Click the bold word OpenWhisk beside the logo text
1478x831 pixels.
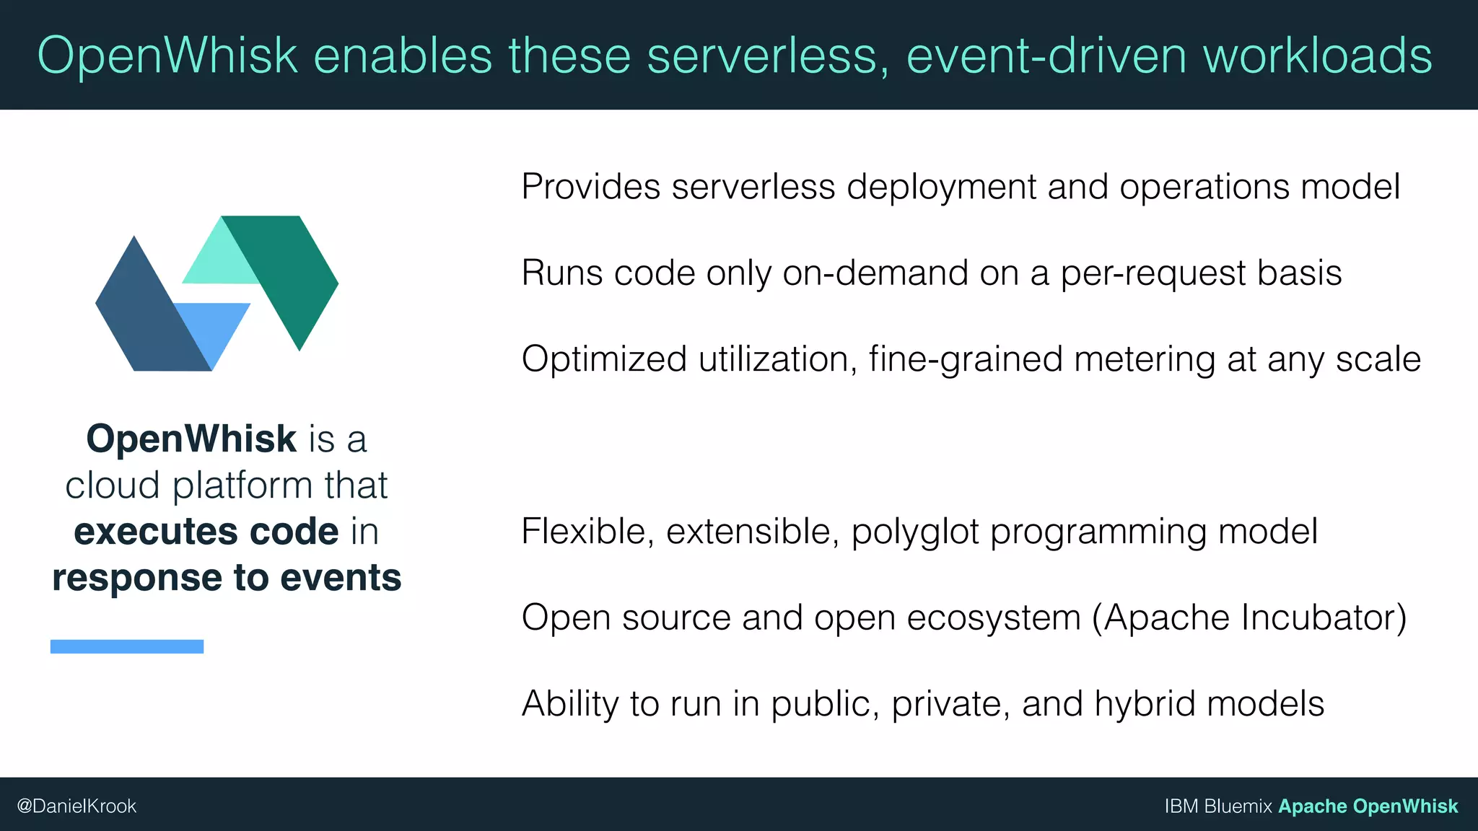[191, 439]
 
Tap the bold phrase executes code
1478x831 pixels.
[206, 532]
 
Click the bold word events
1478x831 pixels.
[341, 578]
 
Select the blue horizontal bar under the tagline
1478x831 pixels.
[127, 646]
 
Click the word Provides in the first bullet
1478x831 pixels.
[590, 187]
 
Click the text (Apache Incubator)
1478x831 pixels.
[1249, 618]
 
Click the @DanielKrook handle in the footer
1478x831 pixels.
[76, 806]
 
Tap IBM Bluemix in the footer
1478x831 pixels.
[1217, 806]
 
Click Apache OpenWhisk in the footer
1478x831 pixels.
[1368, 806]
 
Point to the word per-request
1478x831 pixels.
[1153, 273]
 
